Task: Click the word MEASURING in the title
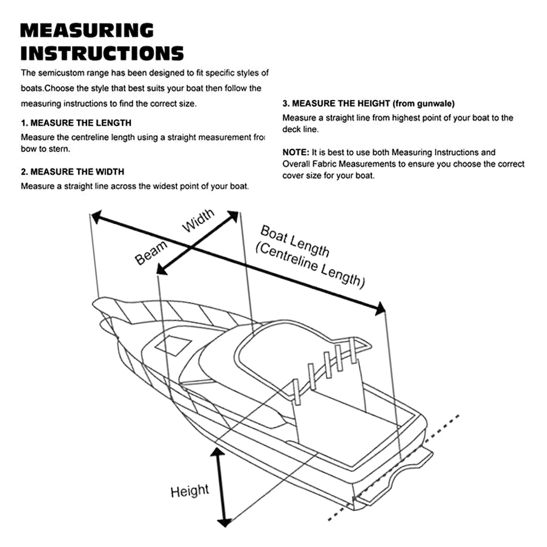pos(86,30)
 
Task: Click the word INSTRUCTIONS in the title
pos(102,54)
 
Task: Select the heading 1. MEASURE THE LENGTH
pos(76,123)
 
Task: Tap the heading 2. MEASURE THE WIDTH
pos(72,172)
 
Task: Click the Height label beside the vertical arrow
pos(189,491)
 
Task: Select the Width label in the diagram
pos(198,221)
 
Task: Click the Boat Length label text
pos(295,241)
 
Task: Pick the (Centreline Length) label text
pos(310,265)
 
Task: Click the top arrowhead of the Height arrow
pos(218,453)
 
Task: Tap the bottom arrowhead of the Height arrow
pos(223,521)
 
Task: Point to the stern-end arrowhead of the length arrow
pos(379,310)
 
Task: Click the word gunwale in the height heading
pos(435,103)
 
